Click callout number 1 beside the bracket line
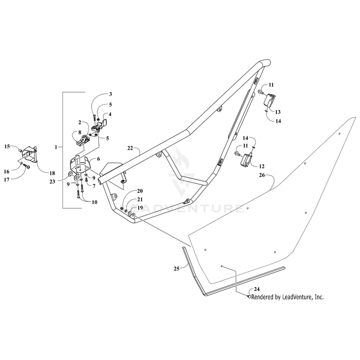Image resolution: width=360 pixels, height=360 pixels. [57, 145]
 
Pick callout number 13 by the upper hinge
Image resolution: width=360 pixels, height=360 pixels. [277, 111]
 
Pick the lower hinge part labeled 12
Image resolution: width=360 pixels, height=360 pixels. [247, 160]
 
